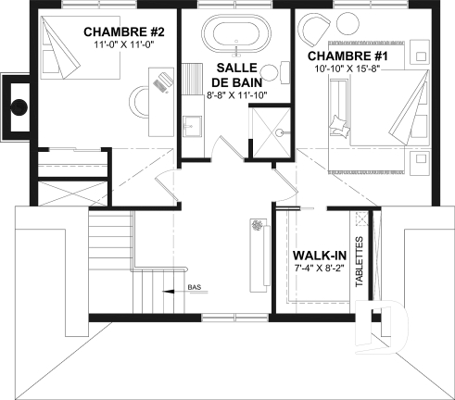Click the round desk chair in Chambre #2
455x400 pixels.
tap(140, 96)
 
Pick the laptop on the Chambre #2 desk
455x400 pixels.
tap(162, 81)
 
